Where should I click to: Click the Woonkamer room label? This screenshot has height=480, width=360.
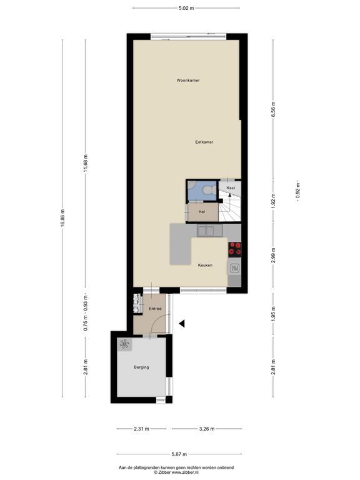188,80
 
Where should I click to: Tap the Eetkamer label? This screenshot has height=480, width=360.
204,142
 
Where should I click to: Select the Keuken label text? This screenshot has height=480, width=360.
205,265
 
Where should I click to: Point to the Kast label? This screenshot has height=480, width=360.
231,187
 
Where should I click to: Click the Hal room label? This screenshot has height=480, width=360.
201,211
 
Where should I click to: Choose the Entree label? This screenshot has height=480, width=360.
155,309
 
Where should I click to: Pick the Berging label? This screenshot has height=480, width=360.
141,367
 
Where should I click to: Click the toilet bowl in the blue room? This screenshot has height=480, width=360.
209,190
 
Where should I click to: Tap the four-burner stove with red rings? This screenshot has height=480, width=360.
235,249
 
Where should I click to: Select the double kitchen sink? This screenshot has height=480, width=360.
210,231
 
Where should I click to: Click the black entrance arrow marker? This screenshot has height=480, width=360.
182,323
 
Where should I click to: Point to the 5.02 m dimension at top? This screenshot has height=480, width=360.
186,8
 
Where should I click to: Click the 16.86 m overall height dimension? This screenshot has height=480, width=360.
62,218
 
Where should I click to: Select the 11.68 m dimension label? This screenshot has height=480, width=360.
86,163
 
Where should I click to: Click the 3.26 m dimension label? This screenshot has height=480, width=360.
207,429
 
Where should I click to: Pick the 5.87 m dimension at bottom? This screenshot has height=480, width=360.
179,454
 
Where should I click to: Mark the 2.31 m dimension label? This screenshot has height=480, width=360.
141,429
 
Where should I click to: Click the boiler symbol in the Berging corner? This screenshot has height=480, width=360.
124,345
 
